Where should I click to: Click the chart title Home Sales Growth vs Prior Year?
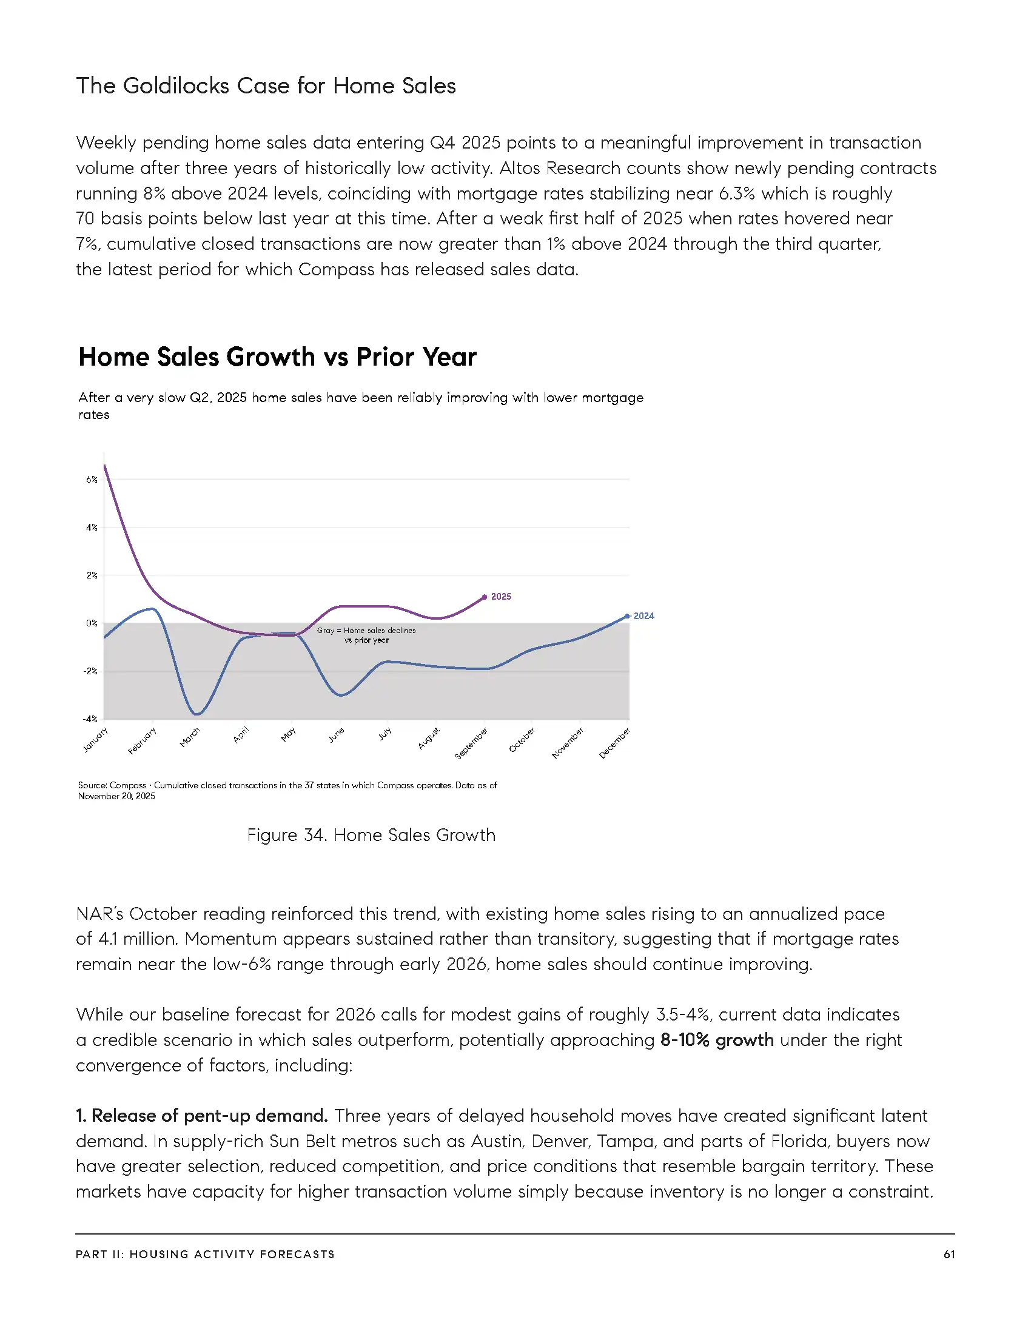(x=277, y=357)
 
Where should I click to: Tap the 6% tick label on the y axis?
(x=92, y=480)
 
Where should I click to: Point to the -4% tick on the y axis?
(x=90, y=719)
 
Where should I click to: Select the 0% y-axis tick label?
(x=92, y=623)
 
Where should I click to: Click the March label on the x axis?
(x=190, y=737)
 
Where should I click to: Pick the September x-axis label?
(x=471, y=743)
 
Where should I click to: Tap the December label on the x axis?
(x=614, y=743)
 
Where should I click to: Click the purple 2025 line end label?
(x=501, y=597)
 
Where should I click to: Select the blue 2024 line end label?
(x=643, y=615)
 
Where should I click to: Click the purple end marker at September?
(x=485, y=597)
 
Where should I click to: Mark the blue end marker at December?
(x=627, y=616)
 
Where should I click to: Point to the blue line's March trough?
(x=196, y=714)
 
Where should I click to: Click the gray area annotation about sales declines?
(x=366, y=635)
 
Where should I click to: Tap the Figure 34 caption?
(x=371, y=835)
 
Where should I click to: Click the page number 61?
(x=949, y=1254)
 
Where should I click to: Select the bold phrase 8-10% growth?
(x=716, y=1039)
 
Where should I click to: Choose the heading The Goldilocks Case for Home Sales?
(x=266, y=85)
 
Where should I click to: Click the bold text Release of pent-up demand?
(x=201, y=1115)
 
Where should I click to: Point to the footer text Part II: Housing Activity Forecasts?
(x=205, y=1254)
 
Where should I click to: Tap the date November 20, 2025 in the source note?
(x=116, y=796)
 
